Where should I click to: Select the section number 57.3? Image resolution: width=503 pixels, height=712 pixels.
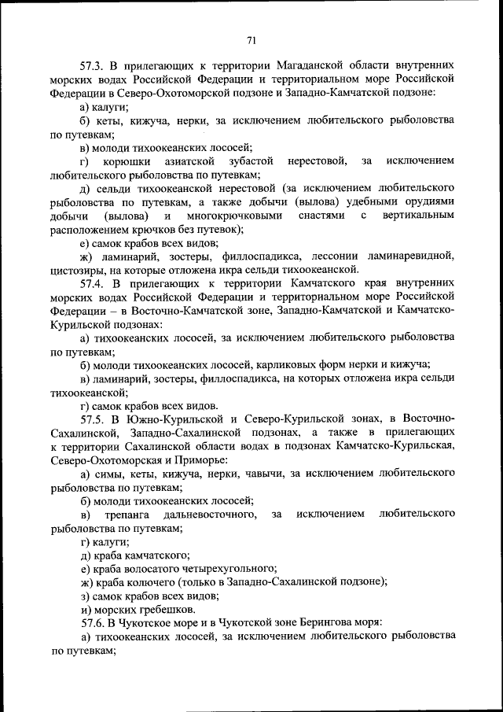pyautogui.click(x=94, y=65)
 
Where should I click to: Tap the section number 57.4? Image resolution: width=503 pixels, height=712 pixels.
pyautogui.click(x=94, y=281)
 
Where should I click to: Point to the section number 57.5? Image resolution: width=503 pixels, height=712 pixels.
pyautogui.click(x=94, y=418)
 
